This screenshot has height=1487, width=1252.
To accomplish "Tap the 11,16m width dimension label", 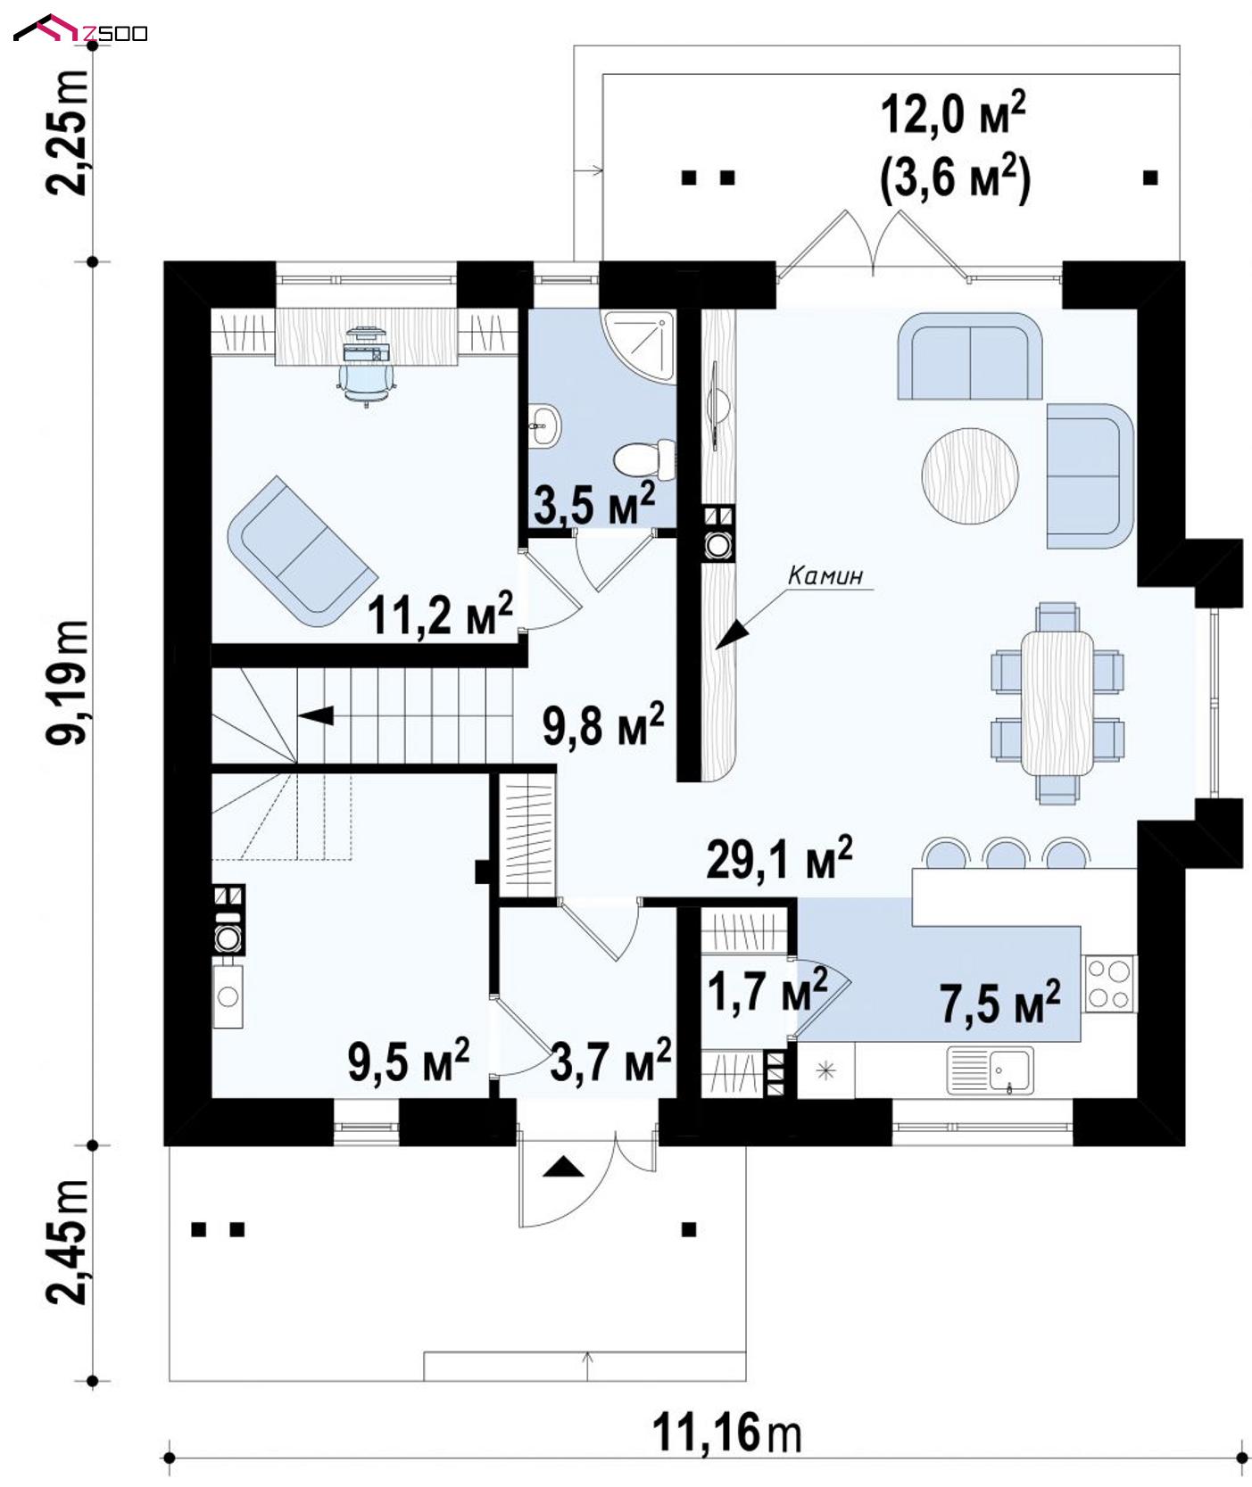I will coord(726,1433).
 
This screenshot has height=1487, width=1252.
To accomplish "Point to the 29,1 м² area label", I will coord(778,859).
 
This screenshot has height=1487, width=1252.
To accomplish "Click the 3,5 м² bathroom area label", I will coord(593,504).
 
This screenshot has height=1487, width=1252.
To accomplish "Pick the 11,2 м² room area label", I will coord(440,615).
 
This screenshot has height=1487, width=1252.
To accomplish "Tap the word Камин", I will coord(825,576).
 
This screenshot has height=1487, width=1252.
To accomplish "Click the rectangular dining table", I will coord(1057,702).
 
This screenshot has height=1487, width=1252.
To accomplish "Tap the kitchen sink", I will coord(991,1070).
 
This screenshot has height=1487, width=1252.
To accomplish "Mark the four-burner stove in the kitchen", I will coord(1108,983).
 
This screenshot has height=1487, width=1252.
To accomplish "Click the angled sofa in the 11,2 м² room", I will coord(299,551).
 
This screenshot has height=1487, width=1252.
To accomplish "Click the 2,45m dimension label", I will coord(68,1242).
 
